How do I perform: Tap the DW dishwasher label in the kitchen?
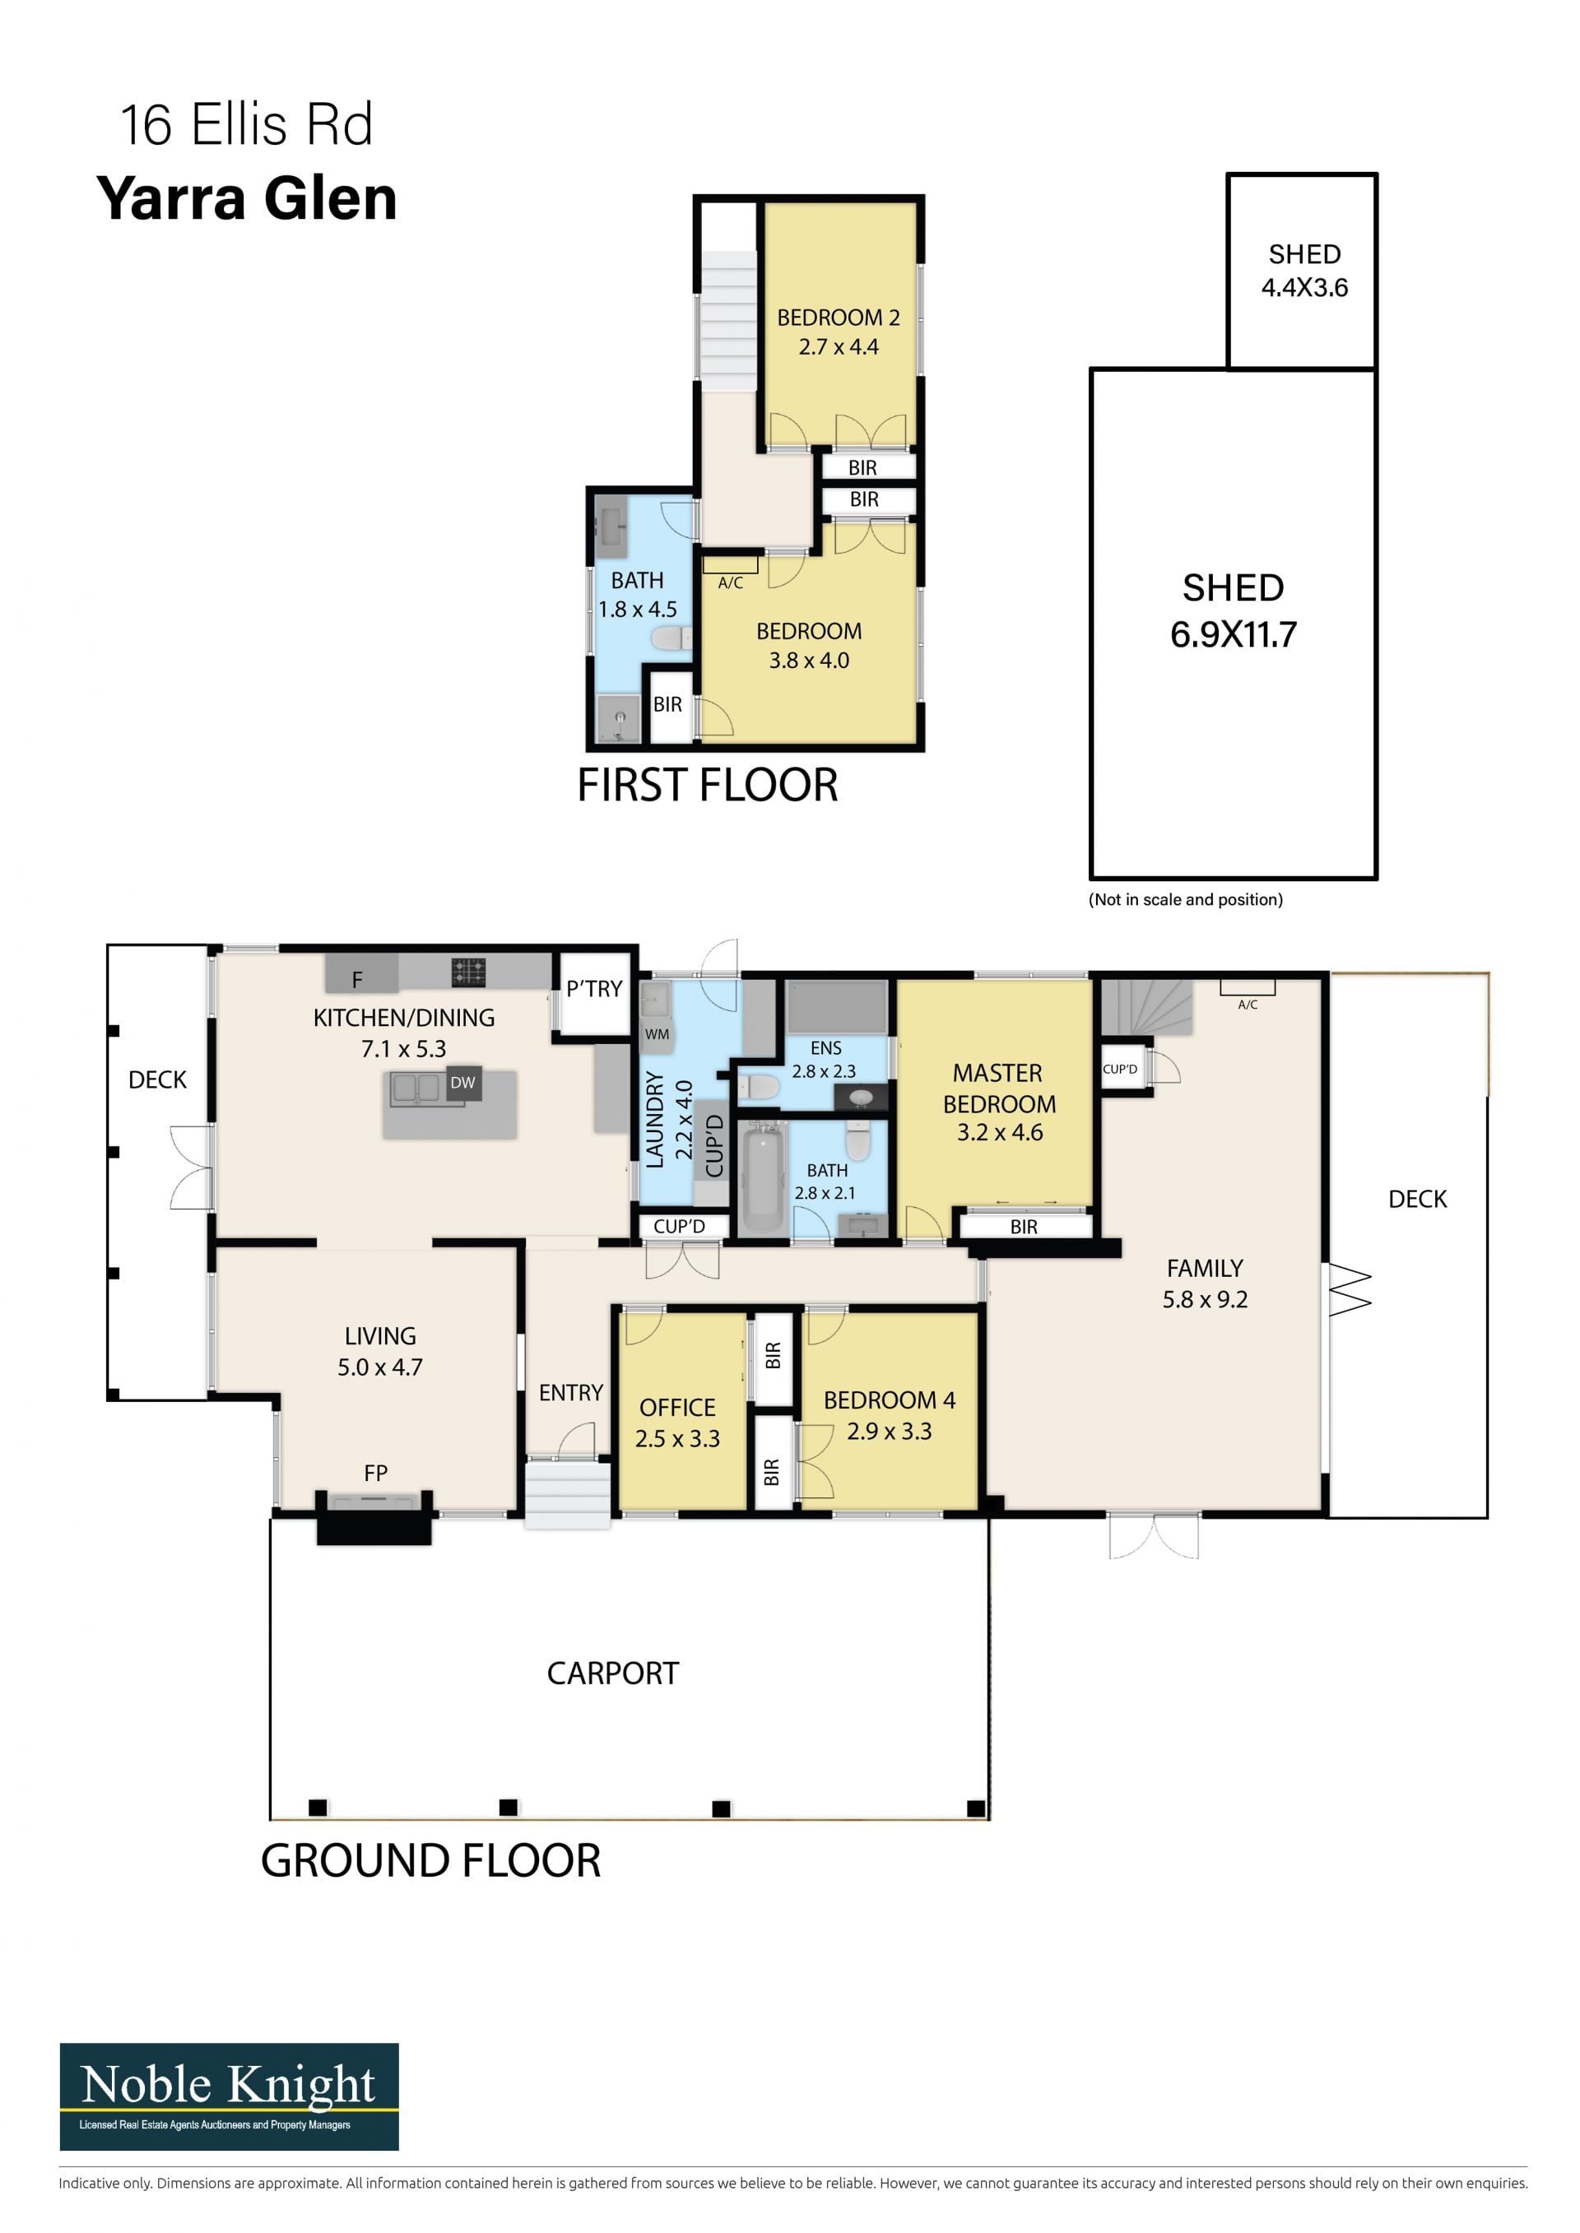tap(463, 1083)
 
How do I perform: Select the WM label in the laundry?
tap(657, 1034)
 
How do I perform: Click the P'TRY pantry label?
tap(594, 988)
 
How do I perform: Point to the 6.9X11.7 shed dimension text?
tap(1233, 634)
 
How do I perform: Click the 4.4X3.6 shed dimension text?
tap(1304, 287)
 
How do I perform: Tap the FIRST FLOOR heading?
tap(708, 785)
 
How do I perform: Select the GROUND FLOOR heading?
tap(431, 1860)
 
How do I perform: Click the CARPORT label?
tap(613, 1673)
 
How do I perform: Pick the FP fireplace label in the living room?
tap(375, 1474)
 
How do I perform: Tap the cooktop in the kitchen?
tap(468, 972)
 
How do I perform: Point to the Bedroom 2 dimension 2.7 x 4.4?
tap(839, 347)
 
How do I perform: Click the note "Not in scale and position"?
tap(1185, 899)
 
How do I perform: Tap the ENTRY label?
tap(571, 1393)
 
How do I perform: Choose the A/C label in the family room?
tap(1248, 1005)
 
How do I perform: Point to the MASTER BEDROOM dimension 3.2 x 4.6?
tap(999, 1132)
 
